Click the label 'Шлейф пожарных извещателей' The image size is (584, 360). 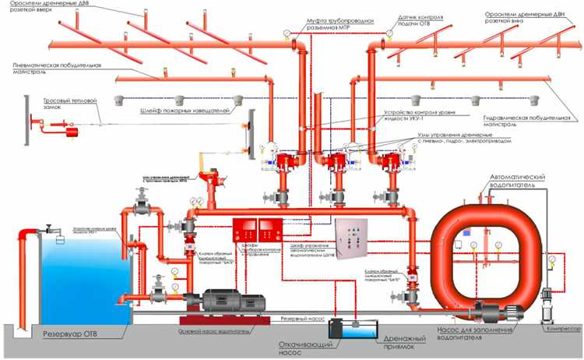185,112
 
